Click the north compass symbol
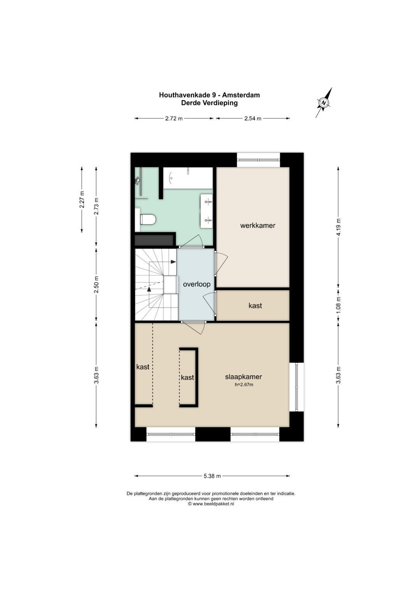point(324,103)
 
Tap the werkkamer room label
point(257,226)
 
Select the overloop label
point(196,284)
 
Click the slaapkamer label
point(243,377)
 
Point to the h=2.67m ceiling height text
point(244,385)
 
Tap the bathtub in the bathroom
point(188,178)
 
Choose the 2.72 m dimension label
point(174,118)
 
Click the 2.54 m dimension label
point(253,118)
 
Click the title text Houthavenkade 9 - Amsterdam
point(209,95)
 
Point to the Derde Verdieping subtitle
point(209,103)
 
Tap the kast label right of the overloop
point(255,306)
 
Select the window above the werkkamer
point(259,160)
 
